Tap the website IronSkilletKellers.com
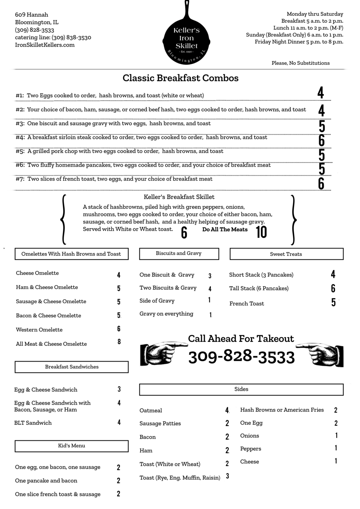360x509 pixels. pos(45,45)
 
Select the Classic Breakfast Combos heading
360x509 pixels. pos(180,78)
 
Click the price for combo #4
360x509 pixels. pos(321,140)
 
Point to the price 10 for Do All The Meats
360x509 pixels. pos(261,232)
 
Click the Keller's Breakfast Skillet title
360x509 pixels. pos(179,197)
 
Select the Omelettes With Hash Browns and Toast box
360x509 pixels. pos(71,254)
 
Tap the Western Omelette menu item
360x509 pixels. pos(39,330)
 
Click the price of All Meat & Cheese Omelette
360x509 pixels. pos(119,342)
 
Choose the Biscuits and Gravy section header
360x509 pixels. pos(179,254)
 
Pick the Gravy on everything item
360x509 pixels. pos(166,314)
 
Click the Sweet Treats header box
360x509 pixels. pos(286,254)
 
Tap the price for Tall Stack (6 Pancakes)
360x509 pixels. pos(333,288)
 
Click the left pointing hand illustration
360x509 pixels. pos(163,354)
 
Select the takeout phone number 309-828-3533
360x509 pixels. pos(241,357)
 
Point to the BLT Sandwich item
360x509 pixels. pos(33,423)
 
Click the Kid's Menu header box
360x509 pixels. pos(71,446)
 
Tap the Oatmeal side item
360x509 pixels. pos(151,411)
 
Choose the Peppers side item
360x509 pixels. pos(251,449)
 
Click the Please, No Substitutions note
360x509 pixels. pos(301,63)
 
